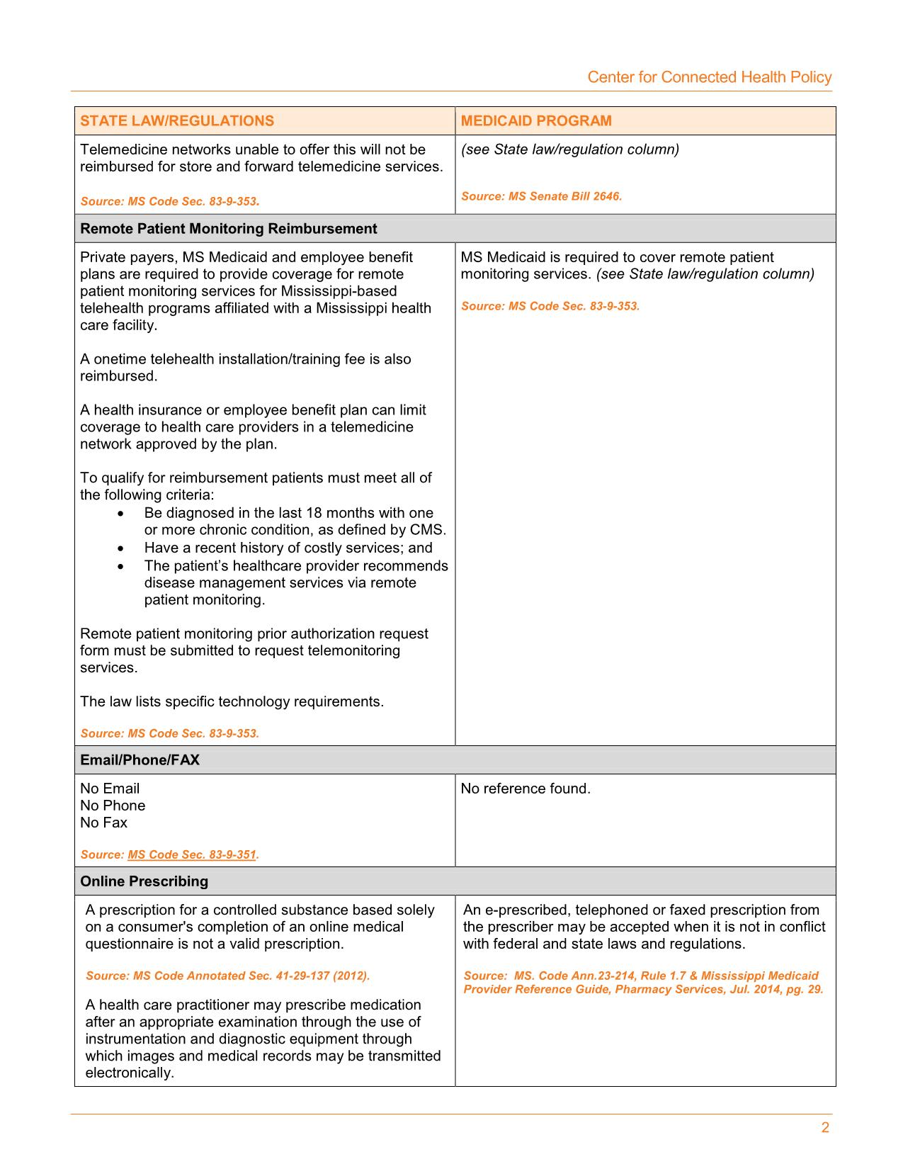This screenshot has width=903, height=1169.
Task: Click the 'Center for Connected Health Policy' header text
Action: [x=709, y=77]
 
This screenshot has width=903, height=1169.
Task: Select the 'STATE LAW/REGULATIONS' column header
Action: [x=177, y=120]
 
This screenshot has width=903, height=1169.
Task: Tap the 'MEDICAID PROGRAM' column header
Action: [x=536, y=120]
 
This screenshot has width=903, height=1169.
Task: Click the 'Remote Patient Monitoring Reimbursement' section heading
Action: [x=228, y=229]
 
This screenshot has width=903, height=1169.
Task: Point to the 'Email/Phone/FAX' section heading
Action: [x=140, y=760]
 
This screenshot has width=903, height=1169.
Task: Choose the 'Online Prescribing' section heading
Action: [x=144, y=881]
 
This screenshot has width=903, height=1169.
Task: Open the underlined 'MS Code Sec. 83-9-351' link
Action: [x=191, y=854]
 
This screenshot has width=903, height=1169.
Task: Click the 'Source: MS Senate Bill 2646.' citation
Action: [x=541, y=196]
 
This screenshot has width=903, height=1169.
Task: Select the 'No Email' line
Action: [x=110, y=789]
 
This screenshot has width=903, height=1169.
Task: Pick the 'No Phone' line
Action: [x=113, y=806]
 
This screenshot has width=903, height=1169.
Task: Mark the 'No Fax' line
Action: [x=103, y=823]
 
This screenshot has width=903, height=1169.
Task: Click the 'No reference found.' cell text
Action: [x=525, y=789]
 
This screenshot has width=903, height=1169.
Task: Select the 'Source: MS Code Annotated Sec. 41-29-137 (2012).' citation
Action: [x=227, y=976]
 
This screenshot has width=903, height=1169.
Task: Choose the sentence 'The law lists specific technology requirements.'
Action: [x=232, y=701]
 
